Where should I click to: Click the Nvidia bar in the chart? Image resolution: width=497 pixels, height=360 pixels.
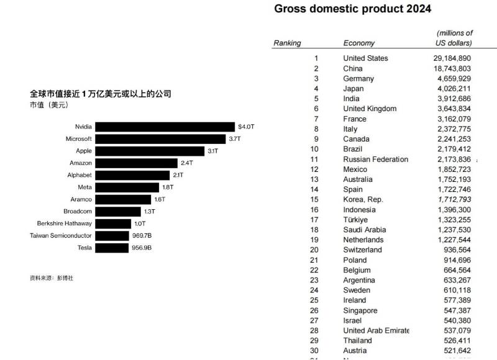(165, 127)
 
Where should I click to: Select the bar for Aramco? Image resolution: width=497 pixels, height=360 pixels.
(124, 199)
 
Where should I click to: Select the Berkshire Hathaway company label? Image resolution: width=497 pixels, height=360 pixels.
(64, 223)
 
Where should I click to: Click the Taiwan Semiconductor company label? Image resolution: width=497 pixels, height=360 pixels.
(61, 236)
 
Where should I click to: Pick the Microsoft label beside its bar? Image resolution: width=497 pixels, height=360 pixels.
(79, 139)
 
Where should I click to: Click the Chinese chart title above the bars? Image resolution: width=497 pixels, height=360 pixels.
(100, 94)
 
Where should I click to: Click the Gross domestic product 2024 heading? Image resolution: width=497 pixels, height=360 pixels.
(352, 9)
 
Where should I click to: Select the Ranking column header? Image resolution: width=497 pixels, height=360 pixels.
(287, 43)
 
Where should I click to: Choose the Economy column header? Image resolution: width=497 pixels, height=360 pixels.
(359, 43)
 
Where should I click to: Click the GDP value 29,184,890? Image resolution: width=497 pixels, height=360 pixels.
(452, 58)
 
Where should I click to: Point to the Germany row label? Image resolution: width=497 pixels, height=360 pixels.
(358, 79)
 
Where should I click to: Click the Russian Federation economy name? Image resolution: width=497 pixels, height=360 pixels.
(375, 160)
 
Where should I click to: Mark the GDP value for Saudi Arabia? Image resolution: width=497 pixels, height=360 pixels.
(452, 230)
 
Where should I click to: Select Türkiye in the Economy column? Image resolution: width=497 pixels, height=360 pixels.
(355, 220)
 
